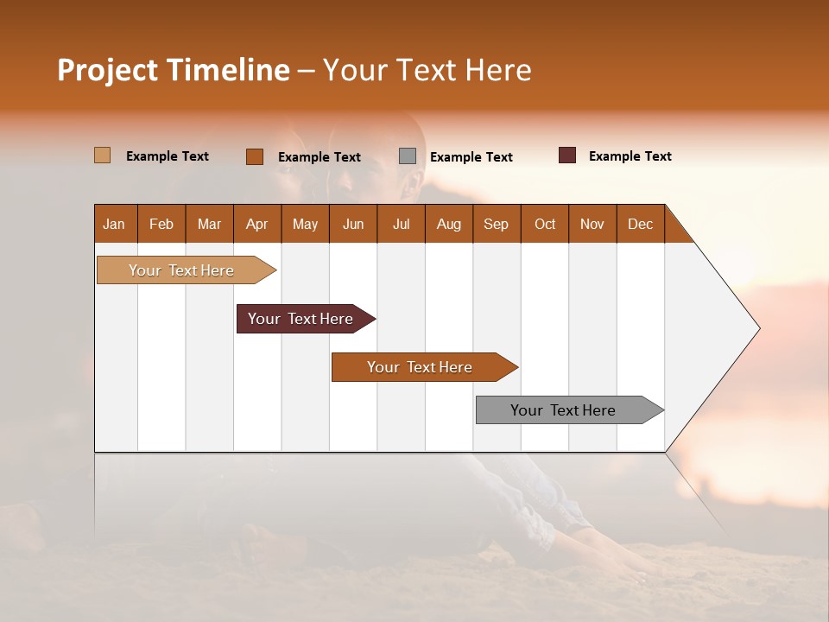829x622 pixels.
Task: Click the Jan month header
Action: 114,224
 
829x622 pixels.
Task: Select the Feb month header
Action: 161,224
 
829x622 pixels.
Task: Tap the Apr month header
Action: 256,224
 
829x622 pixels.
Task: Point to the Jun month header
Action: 353,224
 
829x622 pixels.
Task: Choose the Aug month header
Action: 448,224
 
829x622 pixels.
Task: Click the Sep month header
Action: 496,224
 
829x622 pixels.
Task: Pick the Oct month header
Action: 545,224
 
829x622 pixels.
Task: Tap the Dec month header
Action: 640,224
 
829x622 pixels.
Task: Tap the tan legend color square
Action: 102,155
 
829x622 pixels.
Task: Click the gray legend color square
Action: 408,156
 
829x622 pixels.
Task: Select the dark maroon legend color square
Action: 566,155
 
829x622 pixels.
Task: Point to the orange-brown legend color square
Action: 255,156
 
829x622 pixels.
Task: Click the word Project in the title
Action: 107,70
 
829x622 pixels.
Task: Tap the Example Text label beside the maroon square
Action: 630,156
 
